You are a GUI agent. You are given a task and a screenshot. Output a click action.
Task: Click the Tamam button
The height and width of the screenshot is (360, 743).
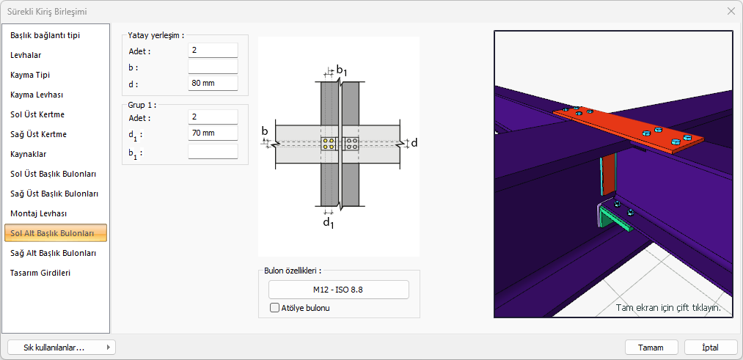651,348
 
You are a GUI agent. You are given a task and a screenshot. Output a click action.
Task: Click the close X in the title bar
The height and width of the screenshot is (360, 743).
731,11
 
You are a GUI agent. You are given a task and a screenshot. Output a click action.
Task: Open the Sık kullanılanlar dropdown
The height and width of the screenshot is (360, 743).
61,348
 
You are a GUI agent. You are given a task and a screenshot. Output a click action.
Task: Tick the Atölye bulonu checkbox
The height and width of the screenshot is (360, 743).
275,308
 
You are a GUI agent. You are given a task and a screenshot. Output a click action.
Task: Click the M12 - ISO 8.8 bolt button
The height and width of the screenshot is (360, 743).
338,290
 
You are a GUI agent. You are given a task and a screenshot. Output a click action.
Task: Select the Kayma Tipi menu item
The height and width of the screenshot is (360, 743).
30,75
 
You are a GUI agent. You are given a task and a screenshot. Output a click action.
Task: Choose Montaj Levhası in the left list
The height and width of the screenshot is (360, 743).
38,213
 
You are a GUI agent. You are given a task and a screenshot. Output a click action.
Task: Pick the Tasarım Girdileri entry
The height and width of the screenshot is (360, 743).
40,273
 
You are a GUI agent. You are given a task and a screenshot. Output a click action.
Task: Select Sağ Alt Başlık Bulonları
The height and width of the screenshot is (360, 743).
54,253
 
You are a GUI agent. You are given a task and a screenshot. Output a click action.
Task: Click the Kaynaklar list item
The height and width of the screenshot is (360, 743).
29,154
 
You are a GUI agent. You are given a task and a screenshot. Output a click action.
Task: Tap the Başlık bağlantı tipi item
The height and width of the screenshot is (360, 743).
45,35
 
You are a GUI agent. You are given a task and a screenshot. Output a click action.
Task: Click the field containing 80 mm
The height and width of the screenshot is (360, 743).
213,84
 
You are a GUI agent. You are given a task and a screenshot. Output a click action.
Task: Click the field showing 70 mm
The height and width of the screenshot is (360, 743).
213,133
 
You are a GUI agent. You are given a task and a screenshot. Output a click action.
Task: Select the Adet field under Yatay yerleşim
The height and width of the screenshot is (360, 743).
213,51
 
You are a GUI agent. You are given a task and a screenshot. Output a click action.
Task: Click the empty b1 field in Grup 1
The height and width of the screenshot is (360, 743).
213,152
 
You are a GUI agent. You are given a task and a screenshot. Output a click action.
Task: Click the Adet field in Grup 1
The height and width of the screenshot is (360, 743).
213,117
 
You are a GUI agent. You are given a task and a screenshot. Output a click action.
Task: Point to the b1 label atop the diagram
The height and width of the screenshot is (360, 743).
341,70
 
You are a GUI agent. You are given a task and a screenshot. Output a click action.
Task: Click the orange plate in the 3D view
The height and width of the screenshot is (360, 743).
623,125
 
